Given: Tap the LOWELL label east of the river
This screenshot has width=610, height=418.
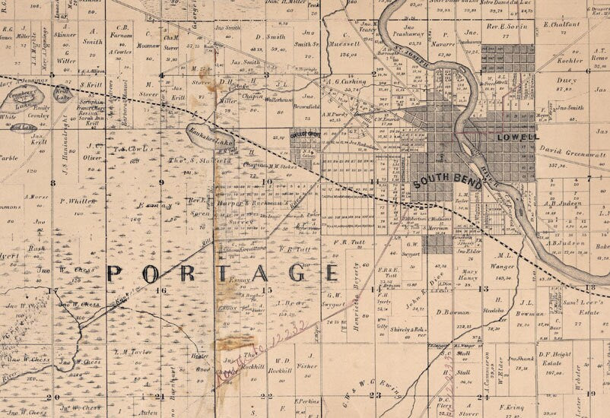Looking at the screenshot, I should pos(516,138).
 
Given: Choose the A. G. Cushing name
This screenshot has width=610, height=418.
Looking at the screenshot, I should pos(346,81).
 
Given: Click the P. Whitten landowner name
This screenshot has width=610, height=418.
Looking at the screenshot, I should pos(78,201).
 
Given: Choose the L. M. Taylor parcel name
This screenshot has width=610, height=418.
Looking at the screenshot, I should pos(129,353).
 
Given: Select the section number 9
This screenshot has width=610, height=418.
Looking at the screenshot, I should pos(160,182).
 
